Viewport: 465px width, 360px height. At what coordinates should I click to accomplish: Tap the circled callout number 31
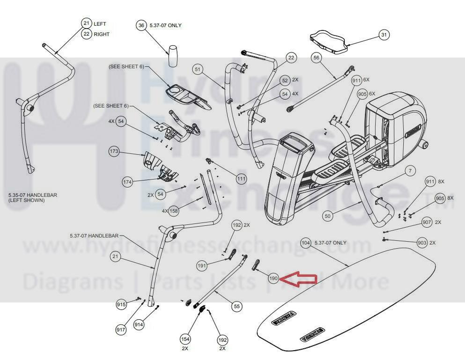384,35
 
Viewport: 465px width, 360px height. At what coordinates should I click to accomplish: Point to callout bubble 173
114,152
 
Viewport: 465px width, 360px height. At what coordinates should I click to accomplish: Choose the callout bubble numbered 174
128,182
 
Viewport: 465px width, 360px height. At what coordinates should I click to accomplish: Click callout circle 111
241,178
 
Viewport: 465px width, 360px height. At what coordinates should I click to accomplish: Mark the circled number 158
174,211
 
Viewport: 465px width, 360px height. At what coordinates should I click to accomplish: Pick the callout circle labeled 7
410,171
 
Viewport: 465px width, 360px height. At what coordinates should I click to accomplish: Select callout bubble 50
328,216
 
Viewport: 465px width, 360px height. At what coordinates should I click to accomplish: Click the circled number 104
306,243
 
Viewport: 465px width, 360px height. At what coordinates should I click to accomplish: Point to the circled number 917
121,330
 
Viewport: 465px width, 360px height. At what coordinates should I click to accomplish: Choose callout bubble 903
422,242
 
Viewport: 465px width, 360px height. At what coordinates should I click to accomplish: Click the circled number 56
317,58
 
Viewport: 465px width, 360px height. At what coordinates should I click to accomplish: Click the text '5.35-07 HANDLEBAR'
32,195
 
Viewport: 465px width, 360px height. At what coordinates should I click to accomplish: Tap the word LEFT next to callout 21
100,24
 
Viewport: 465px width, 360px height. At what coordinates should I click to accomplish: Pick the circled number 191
202,265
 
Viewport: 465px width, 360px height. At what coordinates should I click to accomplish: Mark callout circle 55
237,306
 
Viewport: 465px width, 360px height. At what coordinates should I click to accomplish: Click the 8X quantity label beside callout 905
450,198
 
